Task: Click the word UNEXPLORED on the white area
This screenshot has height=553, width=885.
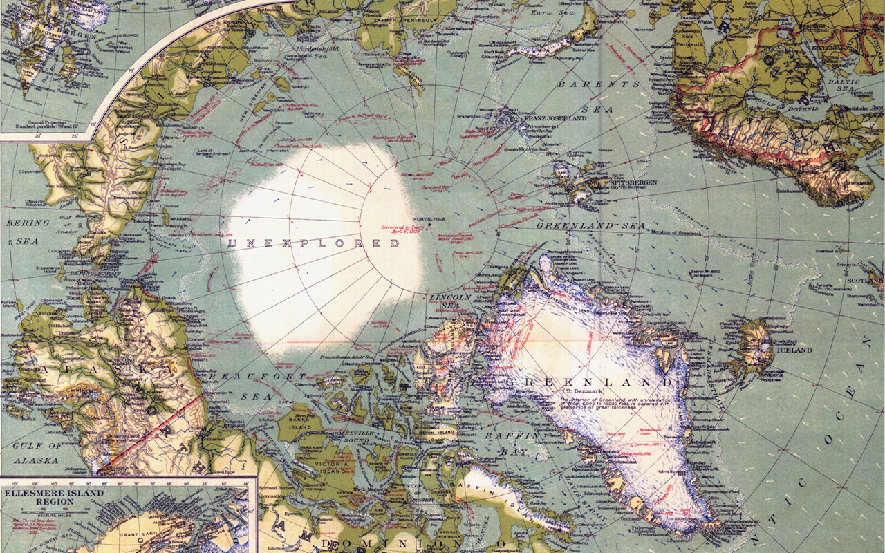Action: (x=315, y=243)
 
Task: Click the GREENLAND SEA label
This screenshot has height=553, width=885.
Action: (x=590, y=226)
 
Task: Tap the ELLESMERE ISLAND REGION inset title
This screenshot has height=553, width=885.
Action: (x=54, y=498)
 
